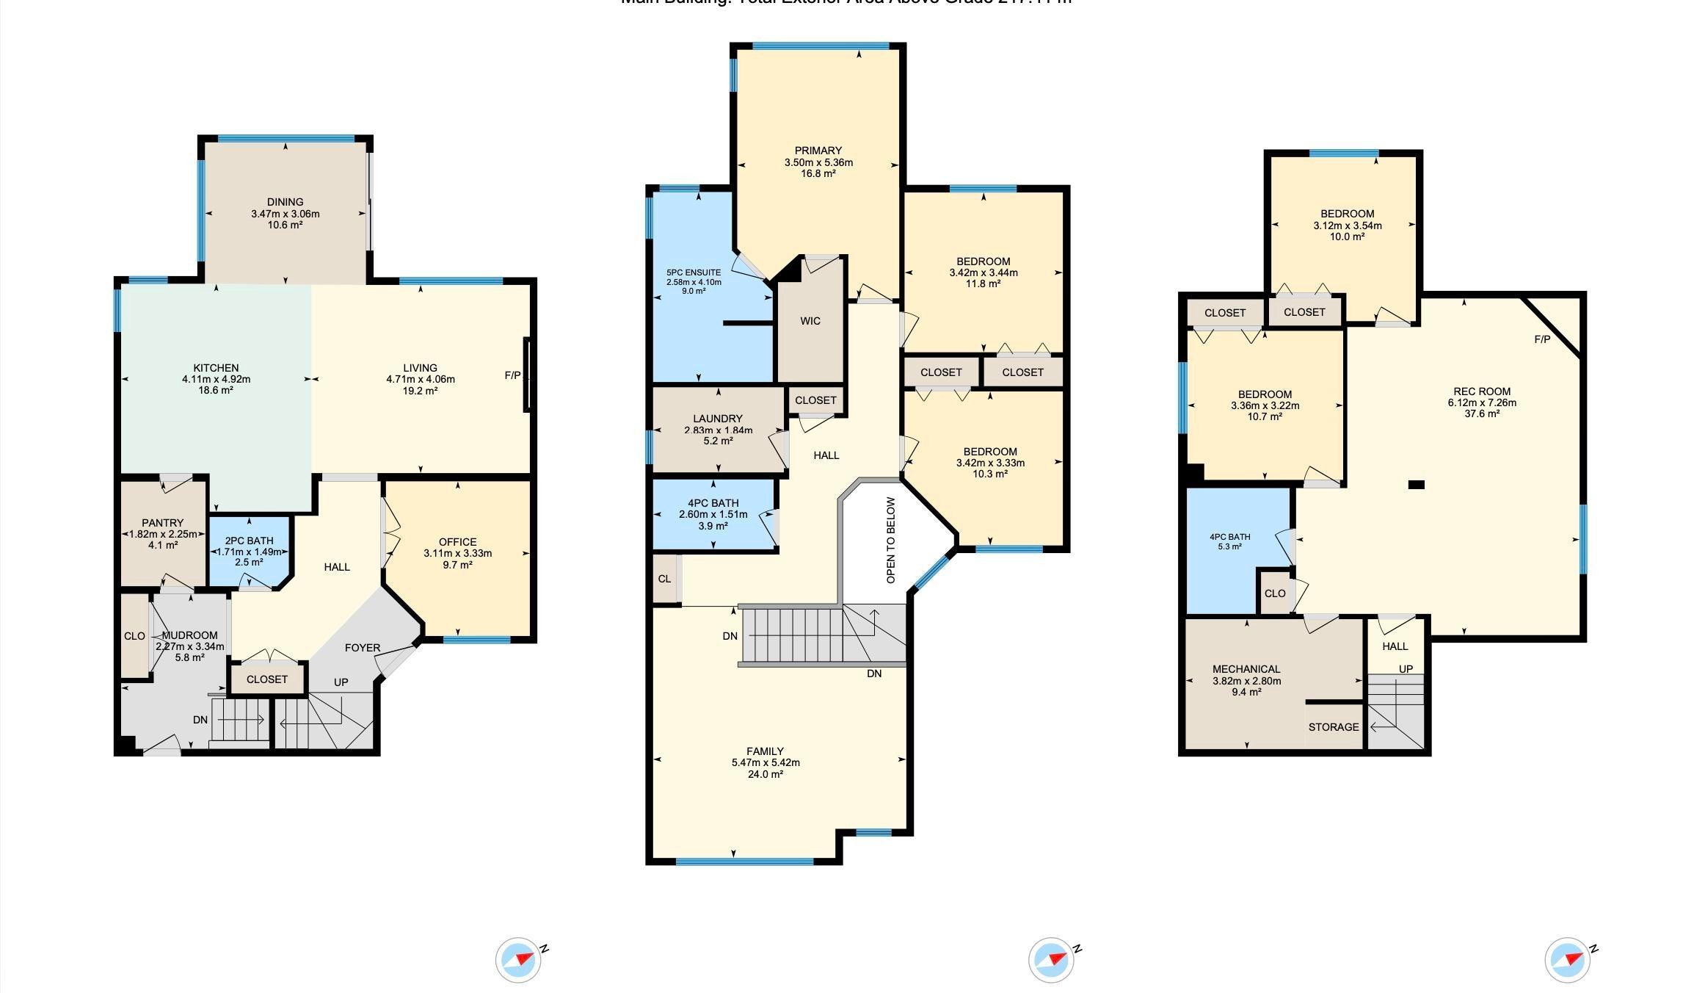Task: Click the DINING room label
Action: click(285, 202)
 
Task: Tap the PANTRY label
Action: click(163, 523)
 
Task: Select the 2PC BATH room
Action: click(250, 551)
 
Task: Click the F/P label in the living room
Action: click(512, 376)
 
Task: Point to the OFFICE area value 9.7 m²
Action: click(457, 565)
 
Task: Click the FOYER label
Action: click(363, 648)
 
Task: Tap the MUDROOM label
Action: click(189, 635)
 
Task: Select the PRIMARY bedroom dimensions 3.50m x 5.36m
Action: click(818, 162)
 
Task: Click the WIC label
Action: click(810, 321)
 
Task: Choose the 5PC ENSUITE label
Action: click(694, 272)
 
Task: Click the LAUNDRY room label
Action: click(718, 419)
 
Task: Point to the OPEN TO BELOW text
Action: click(891, 541)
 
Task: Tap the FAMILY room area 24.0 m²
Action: click(765, 774)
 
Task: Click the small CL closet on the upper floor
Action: click(664, 579)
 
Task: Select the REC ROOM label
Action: click(1482, 391)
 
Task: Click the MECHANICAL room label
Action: click(1246, 669)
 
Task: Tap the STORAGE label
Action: click(1334, 727)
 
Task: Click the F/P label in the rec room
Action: click(1542, 339)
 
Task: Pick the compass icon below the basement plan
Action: click(1568, 960)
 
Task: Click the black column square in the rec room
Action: click(1417, 485)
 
